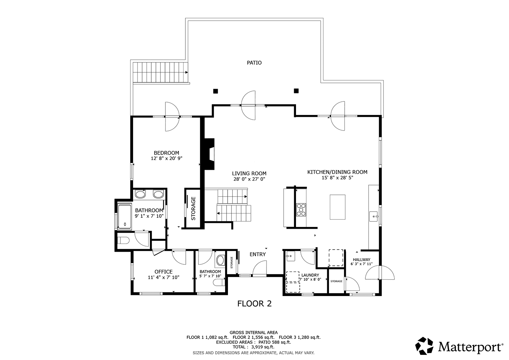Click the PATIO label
coord(254,63)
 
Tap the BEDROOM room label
coord(167,153)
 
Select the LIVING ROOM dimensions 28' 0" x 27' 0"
coord(249,179)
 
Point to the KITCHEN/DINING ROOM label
coord(337,172)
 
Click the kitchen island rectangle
coord(337,207)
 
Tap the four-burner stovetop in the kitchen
coord(301,210)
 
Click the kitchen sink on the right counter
coord(373,216)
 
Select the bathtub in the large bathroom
coord(124,217)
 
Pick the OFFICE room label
coord(163,272)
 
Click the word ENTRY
coord(258,254)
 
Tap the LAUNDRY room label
coord(310,275)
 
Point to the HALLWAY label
coord(361,260)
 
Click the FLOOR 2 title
coord(254,304)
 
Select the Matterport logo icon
coord(424,346)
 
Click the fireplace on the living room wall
coord(209,154)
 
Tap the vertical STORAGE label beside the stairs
coord(193,208)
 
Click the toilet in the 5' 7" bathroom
coord(219,283)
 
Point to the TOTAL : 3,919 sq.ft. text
coord(253,347)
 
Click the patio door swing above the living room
coord(248,105)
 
